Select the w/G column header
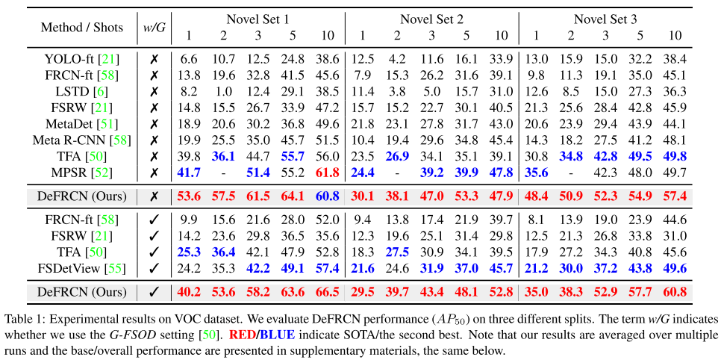point(154,28)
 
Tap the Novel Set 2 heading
point(432,19)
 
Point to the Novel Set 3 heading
point(605,19)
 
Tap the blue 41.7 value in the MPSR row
point(188,173)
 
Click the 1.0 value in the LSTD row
point(223,91)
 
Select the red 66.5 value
point(327,292)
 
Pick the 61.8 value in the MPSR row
point(327,173)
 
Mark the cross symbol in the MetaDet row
point(154,123)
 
